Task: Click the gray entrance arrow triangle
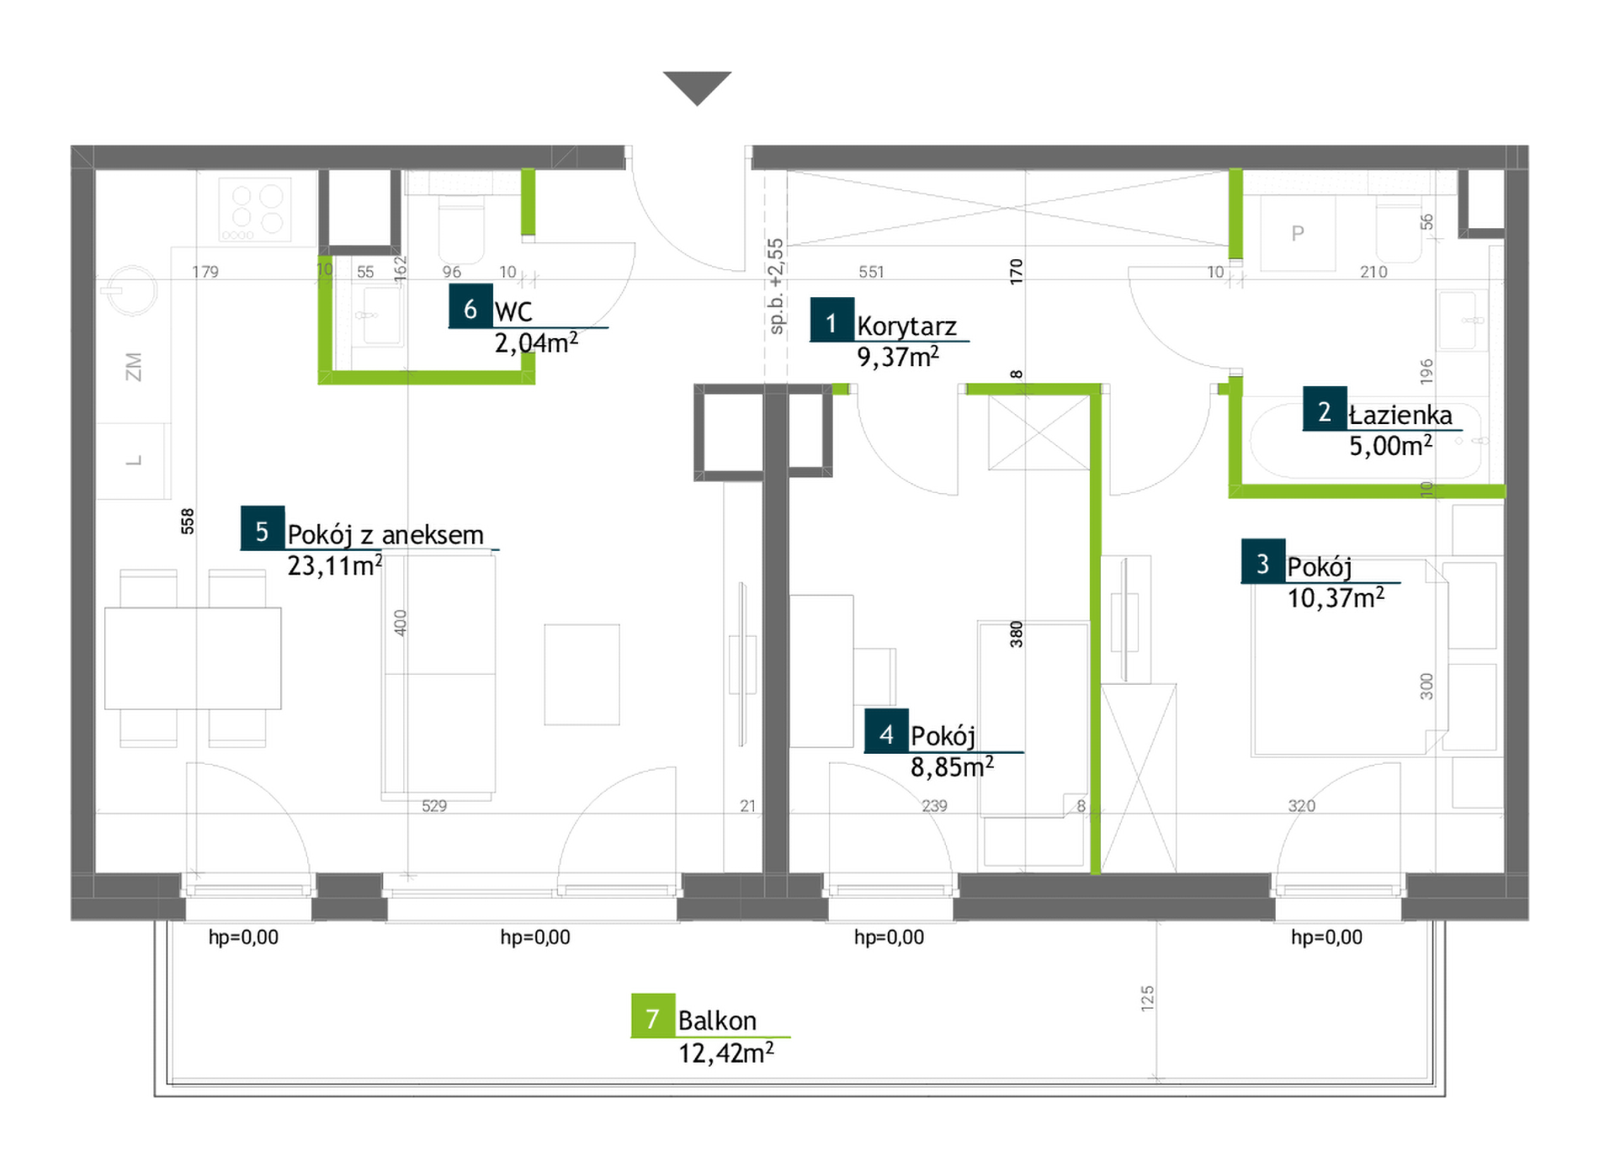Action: (x=697, y=86)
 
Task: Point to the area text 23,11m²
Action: (x=335, y=565)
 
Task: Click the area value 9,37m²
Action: (x=898, y=357)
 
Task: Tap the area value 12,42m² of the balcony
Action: (x=726, y=1053)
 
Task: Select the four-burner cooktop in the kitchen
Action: (x=256, y=210)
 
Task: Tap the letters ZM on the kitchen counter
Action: (x=133, y=367)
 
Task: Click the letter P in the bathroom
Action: (x=1298, y=233)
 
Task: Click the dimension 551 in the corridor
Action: (x=871, y=272)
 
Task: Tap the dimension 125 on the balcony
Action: (x=1147, y=998)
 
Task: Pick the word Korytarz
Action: (x=906, y=326)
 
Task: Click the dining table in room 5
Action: (x=193, y=658)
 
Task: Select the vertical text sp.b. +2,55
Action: (x=776, y=287)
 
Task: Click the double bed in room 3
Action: (x=1349, y=658)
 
